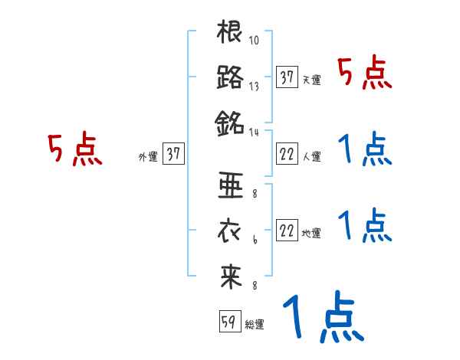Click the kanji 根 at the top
231,34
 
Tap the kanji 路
231,77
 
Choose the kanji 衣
231,231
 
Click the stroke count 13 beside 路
255,87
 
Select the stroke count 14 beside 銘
255,132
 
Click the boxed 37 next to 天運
287,77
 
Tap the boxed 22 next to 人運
287,154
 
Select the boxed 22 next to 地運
287,231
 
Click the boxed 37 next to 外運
172,154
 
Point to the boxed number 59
228,322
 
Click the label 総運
255,325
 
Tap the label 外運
148,156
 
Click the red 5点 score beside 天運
365,74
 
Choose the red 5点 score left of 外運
74,149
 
